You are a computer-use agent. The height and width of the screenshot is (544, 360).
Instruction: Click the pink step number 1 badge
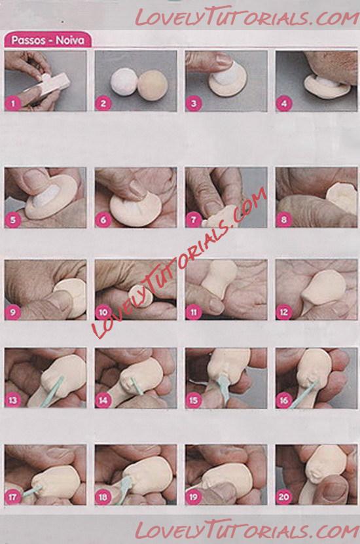13,103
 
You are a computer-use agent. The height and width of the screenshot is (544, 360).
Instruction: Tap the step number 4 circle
284,103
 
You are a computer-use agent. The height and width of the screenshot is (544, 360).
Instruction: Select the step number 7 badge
194,219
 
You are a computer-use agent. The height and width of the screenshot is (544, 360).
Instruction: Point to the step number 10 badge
103,312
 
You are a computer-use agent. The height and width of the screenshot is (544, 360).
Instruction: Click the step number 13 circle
13,400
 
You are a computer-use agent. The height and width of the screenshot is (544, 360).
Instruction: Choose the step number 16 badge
284,400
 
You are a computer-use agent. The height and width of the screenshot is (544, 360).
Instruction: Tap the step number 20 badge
284,497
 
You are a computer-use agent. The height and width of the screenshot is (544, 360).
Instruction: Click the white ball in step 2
124,82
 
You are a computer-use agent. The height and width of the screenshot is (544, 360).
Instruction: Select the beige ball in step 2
153,85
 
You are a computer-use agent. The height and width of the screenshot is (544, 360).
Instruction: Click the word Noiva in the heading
70,40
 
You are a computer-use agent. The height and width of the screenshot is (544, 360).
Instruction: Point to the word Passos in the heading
28,40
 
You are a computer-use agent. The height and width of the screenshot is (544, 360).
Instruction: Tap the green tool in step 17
33,490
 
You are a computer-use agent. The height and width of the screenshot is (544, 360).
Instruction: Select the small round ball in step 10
141,296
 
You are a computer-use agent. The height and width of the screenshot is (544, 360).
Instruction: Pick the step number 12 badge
284,312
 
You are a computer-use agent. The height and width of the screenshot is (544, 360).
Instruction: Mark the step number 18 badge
103,497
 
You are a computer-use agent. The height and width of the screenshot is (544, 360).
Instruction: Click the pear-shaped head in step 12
323,288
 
